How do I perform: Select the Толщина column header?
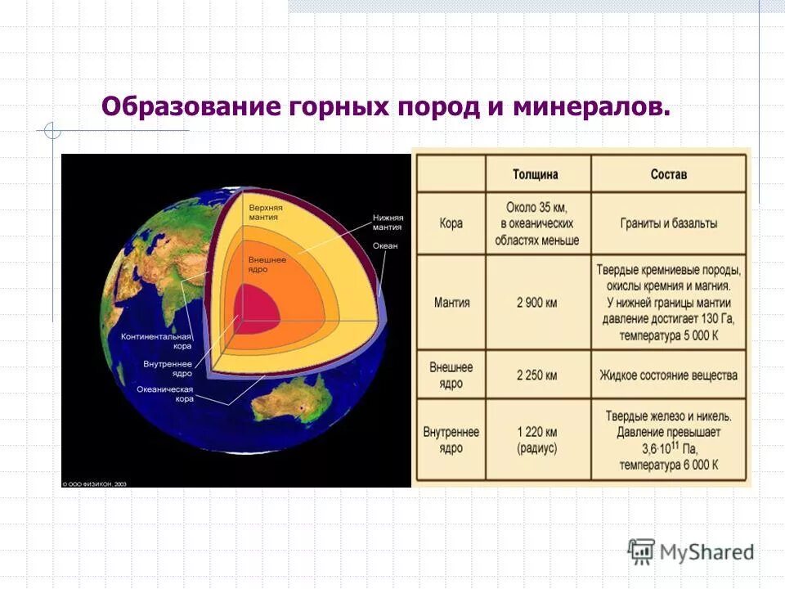tap(536, 174)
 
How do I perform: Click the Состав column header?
tap(668, 174)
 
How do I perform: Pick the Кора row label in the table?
tap(451, 223)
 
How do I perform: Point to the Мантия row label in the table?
tap(451, 302)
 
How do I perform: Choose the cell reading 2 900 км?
tap(536, 302)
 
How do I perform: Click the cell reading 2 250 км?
tap(536, 375)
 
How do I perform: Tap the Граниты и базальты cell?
tap(668, 223)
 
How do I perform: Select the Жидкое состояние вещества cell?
tap(668, 375)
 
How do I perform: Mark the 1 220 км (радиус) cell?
tap(536, 439)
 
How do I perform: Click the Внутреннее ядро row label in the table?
tap(451, 439)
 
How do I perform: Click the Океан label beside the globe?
tap(385, 245)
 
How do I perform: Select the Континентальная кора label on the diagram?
tap(156, 341)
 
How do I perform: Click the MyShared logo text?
tap(707, 551)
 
